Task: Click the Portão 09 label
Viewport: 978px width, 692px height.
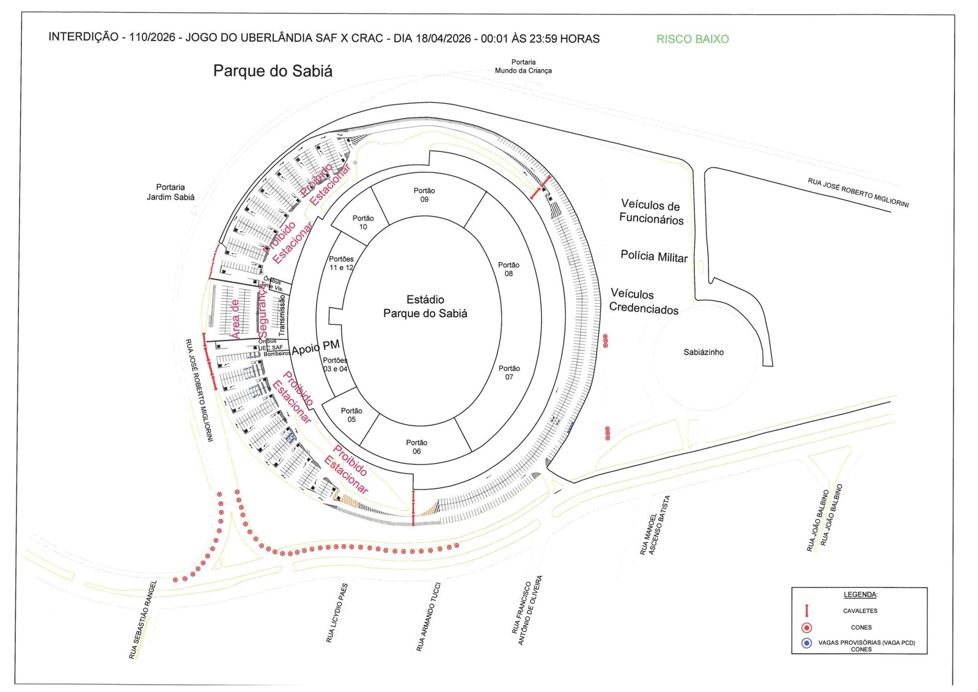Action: point(424,195)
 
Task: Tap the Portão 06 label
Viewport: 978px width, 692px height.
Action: point(416,447)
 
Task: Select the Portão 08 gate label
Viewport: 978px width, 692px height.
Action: point(509,269)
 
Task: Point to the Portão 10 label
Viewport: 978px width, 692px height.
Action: point(363,223)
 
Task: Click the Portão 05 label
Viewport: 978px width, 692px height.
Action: point(351,415)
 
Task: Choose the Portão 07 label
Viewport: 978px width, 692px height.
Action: point(509,372)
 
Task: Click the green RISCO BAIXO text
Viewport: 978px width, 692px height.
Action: point(693,39)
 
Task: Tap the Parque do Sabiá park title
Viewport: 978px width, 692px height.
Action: point(273,71)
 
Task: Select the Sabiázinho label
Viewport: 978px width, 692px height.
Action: point(704,352)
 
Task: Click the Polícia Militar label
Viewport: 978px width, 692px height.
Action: point(654,257)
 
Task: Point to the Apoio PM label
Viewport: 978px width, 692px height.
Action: point(315,347)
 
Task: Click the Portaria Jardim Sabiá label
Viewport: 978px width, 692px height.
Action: point(171,192)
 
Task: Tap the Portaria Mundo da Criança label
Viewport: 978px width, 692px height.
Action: point(523,66)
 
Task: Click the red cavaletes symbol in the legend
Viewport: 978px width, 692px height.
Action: point(807,610)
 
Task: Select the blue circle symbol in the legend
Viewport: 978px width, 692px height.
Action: point(807,643)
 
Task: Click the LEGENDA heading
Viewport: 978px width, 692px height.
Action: point(860,594)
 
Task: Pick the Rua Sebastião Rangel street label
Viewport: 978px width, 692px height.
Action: point(143,619)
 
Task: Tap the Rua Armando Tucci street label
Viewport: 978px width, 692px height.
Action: point(428,616)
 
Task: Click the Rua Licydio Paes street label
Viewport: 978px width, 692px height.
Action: point(337,613)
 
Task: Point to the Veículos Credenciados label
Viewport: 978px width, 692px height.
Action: point(643,301)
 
